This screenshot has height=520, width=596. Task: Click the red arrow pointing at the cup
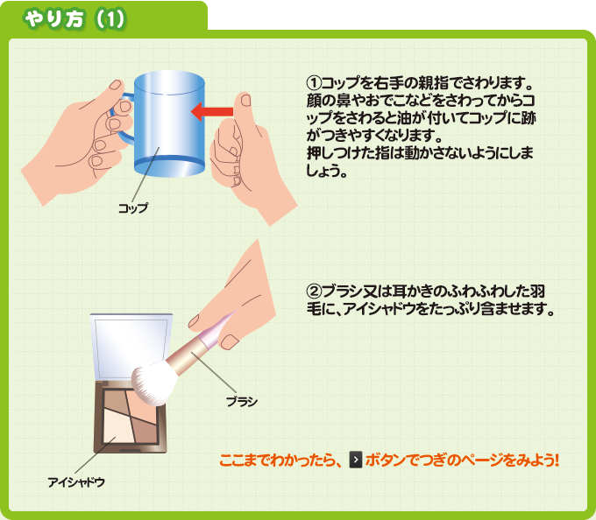tap(212, 111)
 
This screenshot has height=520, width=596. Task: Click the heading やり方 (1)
tap(74, 19)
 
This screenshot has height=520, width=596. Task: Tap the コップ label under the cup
tap(133, 208)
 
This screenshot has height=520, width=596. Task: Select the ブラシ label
tap(242, 402)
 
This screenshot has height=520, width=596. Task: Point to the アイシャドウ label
tap(76, 482)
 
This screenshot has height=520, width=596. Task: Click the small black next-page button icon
tap(355, 460)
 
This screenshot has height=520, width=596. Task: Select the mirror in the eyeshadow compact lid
tap(131, 348)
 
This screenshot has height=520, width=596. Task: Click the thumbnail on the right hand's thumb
tap(246, 100)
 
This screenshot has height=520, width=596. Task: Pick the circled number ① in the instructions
tap(314, 82)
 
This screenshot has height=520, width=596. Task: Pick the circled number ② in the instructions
tap(314, 292)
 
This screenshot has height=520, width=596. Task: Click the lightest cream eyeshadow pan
tap(118, 426)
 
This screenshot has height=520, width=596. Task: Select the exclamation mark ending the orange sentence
tap(557, 460)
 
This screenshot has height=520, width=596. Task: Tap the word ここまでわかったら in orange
tap(279, 460)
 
